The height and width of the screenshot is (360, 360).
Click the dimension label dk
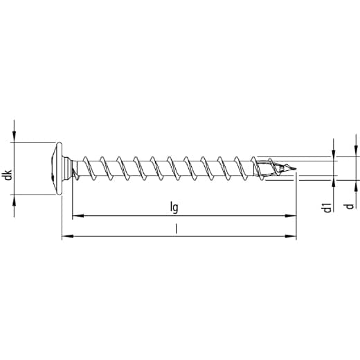tap(8, 174)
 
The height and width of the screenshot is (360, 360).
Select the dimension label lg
tap(174, 208)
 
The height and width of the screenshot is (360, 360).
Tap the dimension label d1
tap(327, 208)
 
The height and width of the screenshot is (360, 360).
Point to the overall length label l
tap(176, 229)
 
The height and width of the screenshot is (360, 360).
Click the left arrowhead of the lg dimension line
tap(78, 216)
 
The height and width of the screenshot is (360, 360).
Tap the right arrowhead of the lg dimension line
tap(290, 216)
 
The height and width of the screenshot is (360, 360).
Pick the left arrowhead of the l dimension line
tap(67, 236)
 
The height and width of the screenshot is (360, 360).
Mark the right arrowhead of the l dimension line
tap(291, 236)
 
